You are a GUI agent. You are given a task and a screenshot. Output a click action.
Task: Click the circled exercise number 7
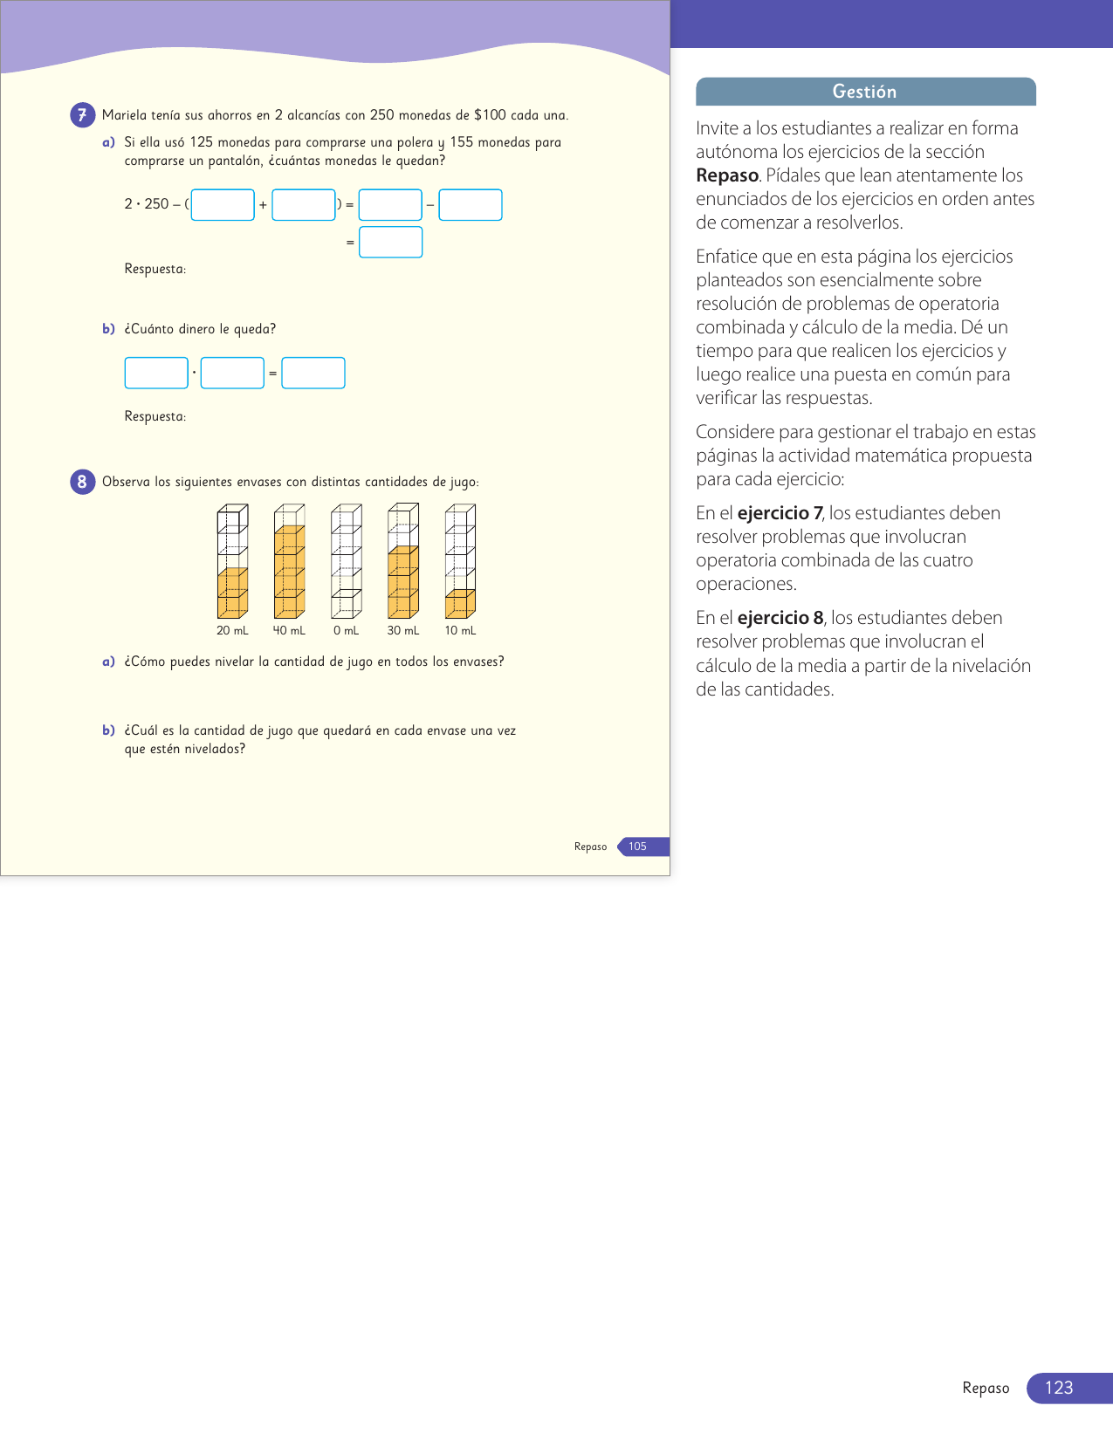(x=82, y=115)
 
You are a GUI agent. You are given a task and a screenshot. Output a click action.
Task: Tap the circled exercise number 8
(x=82, y=482)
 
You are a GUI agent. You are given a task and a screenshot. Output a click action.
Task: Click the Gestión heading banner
(x=865, y=92)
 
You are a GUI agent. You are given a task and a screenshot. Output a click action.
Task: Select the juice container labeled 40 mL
(x=289, y=561)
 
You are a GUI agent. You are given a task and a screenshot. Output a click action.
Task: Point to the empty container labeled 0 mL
(x=346, y=561)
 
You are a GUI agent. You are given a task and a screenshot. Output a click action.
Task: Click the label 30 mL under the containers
(x=403, y=631)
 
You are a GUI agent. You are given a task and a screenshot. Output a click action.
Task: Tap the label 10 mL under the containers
(x=460, y=631)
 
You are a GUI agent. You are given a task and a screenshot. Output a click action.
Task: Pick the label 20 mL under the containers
(x=232, y=631)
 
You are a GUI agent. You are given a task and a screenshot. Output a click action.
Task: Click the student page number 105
(x=638, y=847)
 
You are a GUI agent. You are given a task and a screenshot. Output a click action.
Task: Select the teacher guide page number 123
(x=1058, y=1388)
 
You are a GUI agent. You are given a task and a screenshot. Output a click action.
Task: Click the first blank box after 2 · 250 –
(x=223, y=205)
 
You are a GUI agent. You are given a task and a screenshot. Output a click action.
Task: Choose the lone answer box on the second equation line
(x=390, y=243)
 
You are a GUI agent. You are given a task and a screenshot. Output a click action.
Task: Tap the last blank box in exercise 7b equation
(x=313, y=373)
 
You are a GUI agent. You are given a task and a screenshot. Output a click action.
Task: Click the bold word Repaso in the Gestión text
(x=727, y=175)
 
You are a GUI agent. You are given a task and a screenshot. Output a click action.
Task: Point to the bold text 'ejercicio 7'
(x=780, y=513)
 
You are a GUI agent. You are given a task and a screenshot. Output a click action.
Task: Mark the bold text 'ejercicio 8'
(x=780, y=618)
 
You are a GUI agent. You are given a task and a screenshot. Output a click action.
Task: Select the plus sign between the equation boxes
(x=263, y=205)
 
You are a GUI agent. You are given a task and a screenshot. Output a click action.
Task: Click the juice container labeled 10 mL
(x=460, y=561)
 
